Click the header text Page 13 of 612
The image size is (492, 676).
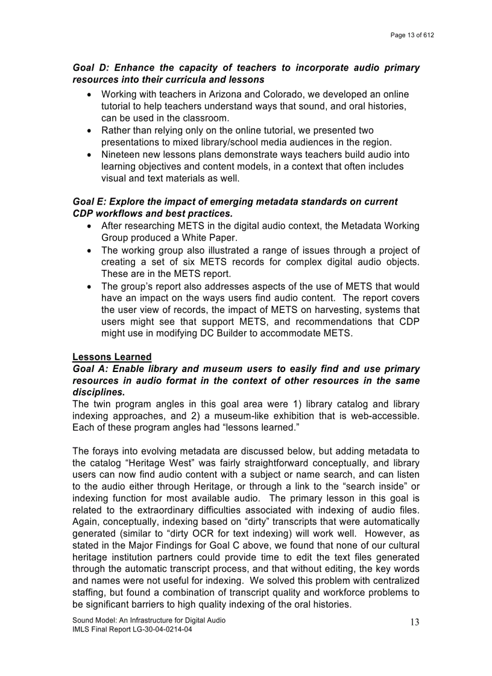[x=412, y=36]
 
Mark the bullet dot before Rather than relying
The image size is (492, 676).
[x=89, y=131]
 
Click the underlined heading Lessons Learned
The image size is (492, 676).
[x=112, y=357]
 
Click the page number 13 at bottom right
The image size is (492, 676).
[x=414, y=622]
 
